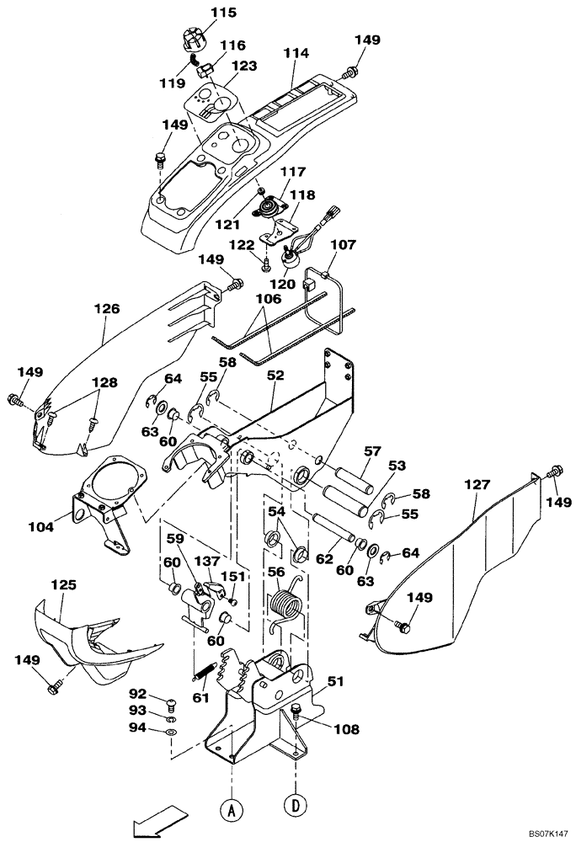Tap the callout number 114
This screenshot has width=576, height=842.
click(x=296, y=52)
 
